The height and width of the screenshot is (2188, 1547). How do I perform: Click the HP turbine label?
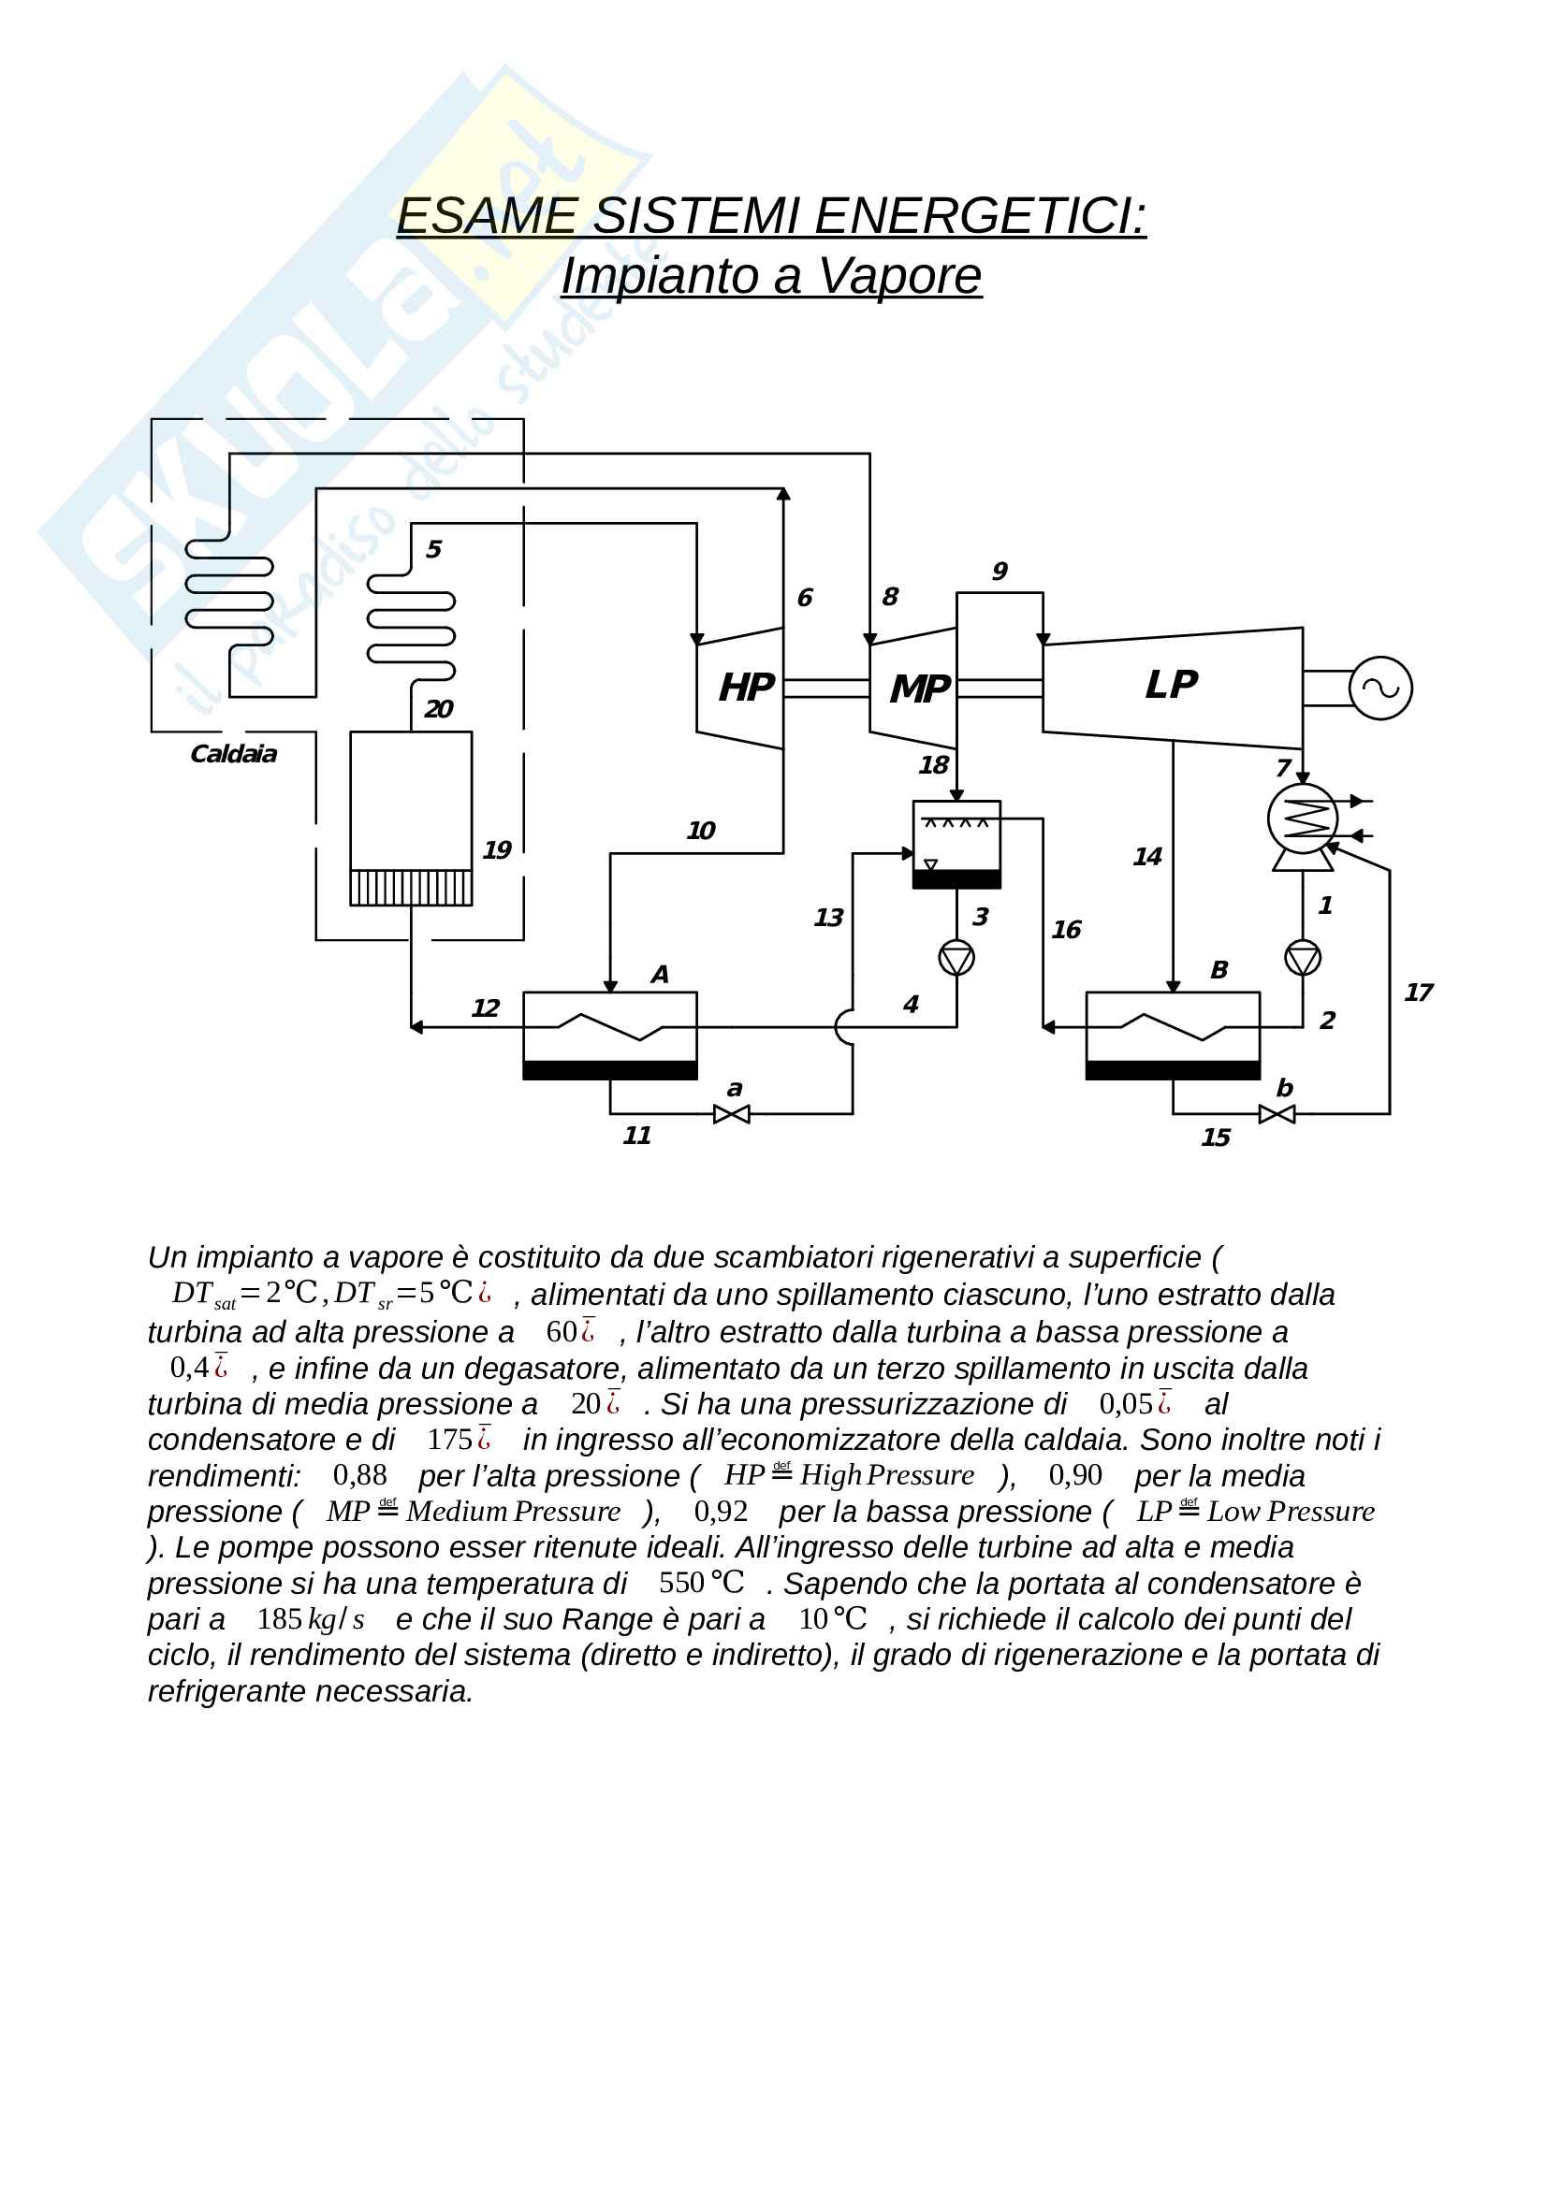pyautogui.click(x=745, y=688)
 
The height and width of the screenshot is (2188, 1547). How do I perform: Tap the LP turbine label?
pyautogui.click(x=1171, y=685)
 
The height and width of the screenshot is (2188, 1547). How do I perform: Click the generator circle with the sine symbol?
pyautogui.click(x=1380, y=688)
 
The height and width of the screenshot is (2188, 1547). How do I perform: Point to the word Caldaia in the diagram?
pyautogui.click(x=234, y=755)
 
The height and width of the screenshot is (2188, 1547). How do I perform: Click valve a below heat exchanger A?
pyautogui.click(x=731, y=1114)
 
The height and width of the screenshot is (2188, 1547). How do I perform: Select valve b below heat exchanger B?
pyautogui.click(x=1277, y=1114)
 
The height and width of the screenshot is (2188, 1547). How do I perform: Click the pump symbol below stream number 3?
pyautogui.click(x=956, y=958)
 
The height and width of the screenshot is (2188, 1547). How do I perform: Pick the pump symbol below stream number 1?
pyautogui.click(x=1302, y=958)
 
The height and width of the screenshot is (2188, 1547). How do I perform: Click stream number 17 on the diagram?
pyautogui.click(x=1417, y=993)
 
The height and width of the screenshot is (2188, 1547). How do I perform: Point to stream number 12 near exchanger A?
pyautogui.click(x=485, y=1008)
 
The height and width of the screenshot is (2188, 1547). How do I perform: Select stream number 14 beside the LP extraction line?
pyautogui.click(x=1146, y=857)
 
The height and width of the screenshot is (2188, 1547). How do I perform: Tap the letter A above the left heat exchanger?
pyautogui.click(x=659, y=974)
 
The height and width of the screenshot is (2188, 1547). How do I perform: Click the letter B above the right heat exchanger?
pyautogui.click(x=1219, y=970)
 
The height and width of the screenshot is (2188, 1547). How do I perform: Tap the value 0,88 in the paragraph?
pyautogui.click(x=359, y=1475)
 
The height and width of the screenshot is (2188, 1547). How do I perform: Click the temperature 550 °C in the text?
pyautogui.click(x=701, y=1583)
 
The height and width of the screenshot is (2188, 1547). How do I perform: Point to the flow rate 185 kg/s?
pyautogui.click(x=310, y=1619)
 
